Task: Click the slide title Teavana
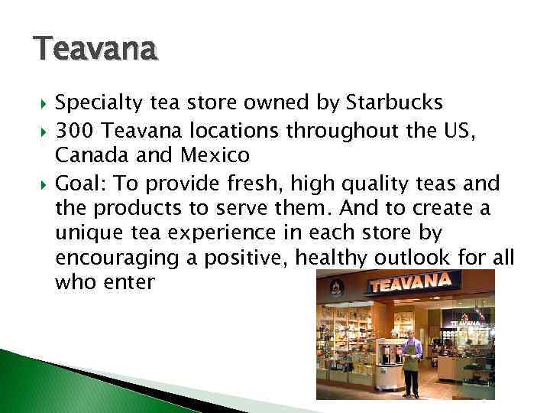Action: tap(95, 50)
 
